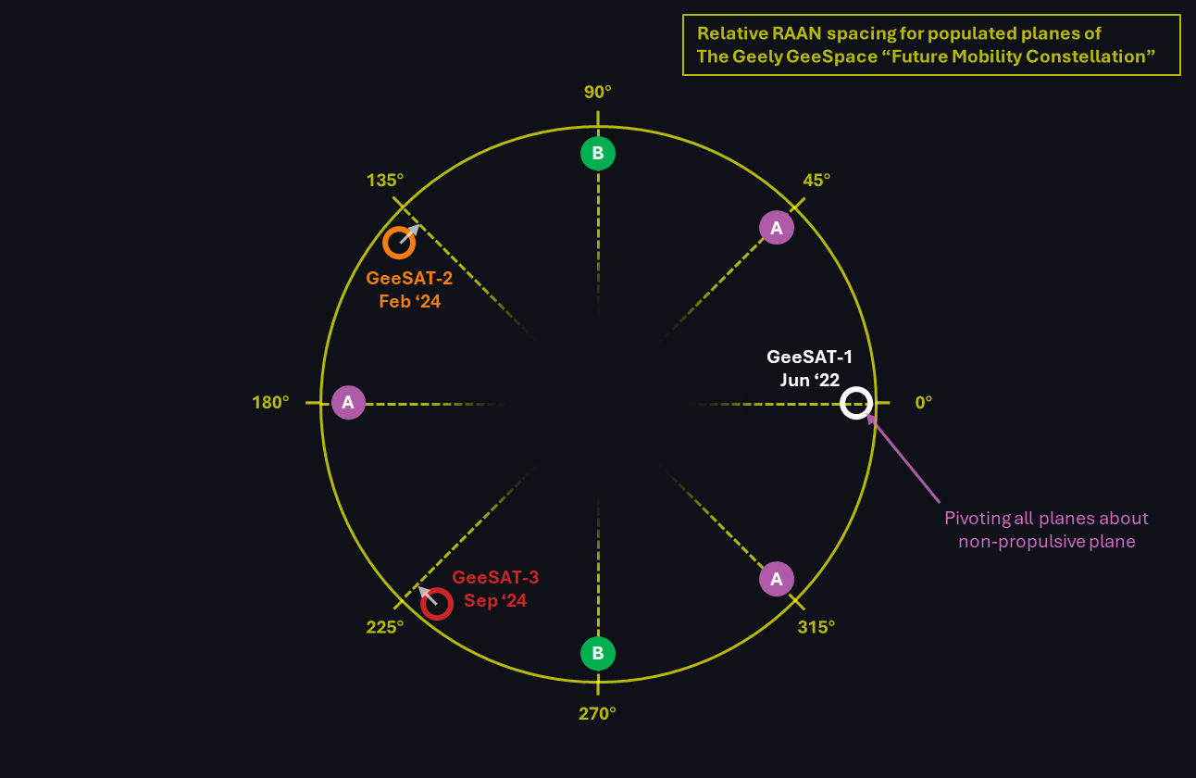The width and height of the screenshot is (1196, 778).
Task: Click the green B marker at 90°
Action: tap(598, 153)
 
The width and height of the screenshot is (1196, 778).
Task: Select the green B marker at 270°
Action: tap(598, 654)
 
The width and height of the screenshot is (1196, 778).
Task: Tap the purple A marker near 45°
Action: tap(777, 227)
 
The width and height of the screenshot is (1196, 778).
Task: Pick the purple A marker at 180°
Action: tap(348, 402)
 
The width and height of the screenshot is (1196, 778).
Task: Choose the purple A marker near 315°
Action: tap(777, 579)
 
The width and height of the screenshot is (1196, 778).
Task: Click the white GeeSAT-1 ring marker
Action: tap(856, 403)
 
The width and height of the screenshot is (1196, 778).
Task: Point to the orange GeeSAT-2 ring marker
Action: tap(399, 242)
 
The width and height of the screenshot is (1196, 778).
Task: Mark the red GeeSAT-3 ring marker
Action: tap(436, 604)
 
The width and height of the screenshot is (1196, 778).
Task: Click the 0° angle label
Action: tap(924, 403)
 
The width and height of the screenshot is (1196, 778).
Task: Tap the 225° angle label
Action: tap(385, 627)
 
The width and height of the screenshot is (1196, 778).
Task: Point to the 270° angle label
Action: tap(598, 713)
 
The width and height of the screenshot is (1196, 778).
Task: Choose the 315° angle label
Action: tap(816, 627)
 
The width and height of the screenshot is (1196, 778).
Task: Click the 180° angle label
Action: tap(270, 403)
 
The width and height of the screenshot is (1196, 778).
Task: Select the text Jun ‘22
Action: tap(809, 379)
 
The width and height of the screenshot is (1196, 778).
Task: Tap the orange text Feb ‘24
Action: tap(409, 301)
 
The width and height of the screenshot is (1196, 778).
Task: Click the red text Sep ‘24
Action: tap(495, 601)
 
